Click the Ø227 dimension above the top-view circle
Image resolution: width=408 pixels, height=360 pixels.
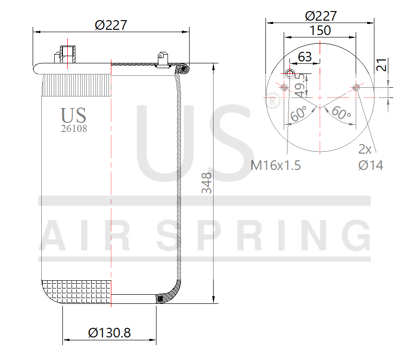click(x=321, y=15)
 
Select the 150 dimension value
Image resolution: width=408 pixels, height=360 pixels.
click(x=321, y=30)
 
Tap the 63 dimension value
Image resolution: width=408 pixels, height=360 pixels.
click(x=305, y=57)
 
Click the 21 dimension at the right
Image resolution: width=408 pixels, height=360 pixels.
click(x=382, y=65)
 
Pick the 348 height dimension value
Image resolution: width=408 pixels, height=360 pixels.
click(x=206, y=184)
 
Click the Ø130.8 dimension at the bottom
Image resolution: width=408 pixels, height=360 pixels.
click(x=109, y=332)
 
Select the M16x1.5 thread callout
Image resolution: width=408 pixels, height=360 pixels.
click(x=276, y=166)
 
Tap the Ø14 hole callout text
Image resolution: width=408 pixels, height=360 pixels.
click(x=371, y=166)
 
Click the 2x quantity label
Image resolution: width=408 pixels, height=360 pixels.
click(x=365, y=149)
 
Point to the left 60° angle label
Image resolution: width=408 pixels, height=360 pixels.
click(x=298, y=114)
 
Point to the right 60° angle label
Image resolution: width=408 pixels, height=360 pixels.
click(x=341, y=114)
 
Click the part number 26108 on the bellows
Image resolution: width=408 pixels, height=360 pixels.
click(x=74, y=129)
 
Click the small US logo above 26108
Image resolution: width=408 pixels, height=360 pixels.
click(x=73, y=115)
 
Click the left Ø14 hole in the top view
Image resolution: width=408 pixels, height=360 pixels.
click(x=284, y=87)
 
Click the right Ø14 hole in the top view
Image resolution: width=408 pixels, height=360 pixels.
click(x=356, y=87)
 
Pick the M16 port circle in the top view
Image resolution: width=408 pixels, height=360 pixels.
click(x=290, y=73)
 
